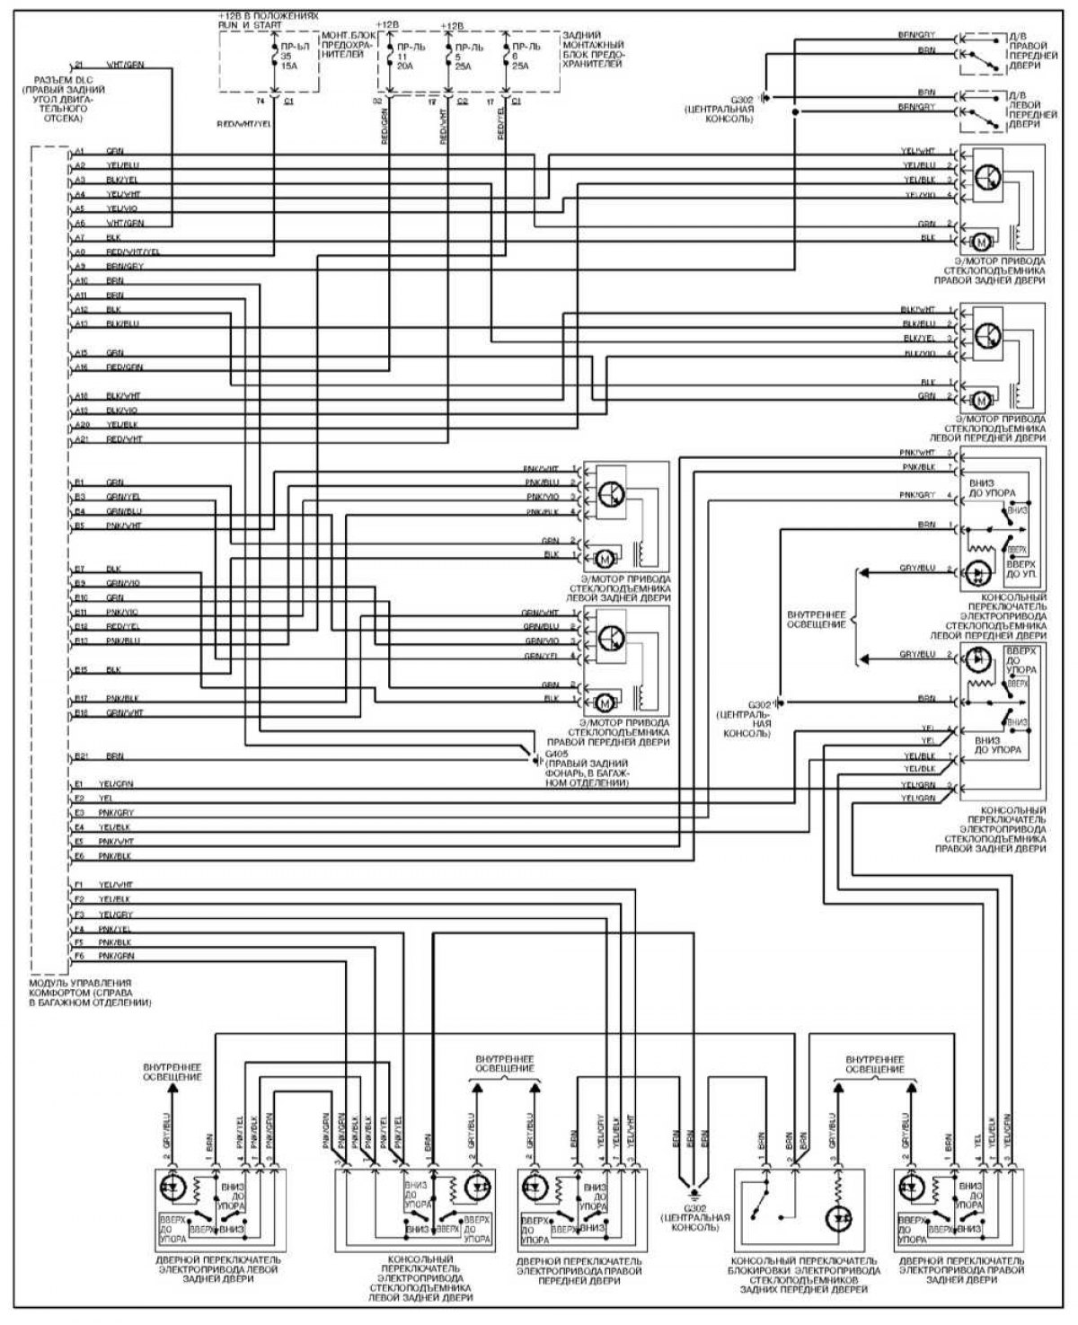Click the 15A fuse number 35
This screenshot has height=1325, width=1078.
coord(286,54)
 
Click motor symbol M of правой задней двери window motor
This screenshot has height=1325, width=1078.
coord(980,240)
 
